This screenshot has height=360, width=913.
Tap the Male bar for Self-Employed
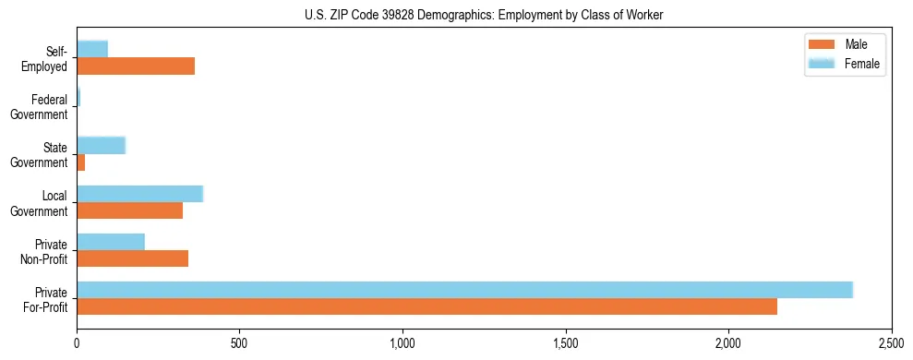(136, 66)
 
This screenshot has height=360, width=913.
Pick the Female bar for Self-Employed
(92, 49)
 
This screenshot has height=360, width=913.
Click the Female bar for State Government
(101, 145)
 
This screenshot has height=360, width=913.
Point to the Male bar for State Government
(81, 162)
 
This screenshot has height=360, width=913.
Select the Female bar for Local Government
(139, 193)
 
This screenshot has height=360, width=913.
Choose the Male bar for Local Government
(129, 210)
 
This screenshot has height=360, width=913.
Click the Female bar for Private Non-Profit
(111, 241)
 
